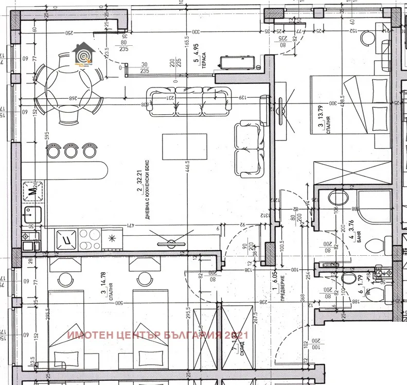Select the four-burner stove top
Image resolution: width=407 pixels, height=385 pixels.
point(85,238)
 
